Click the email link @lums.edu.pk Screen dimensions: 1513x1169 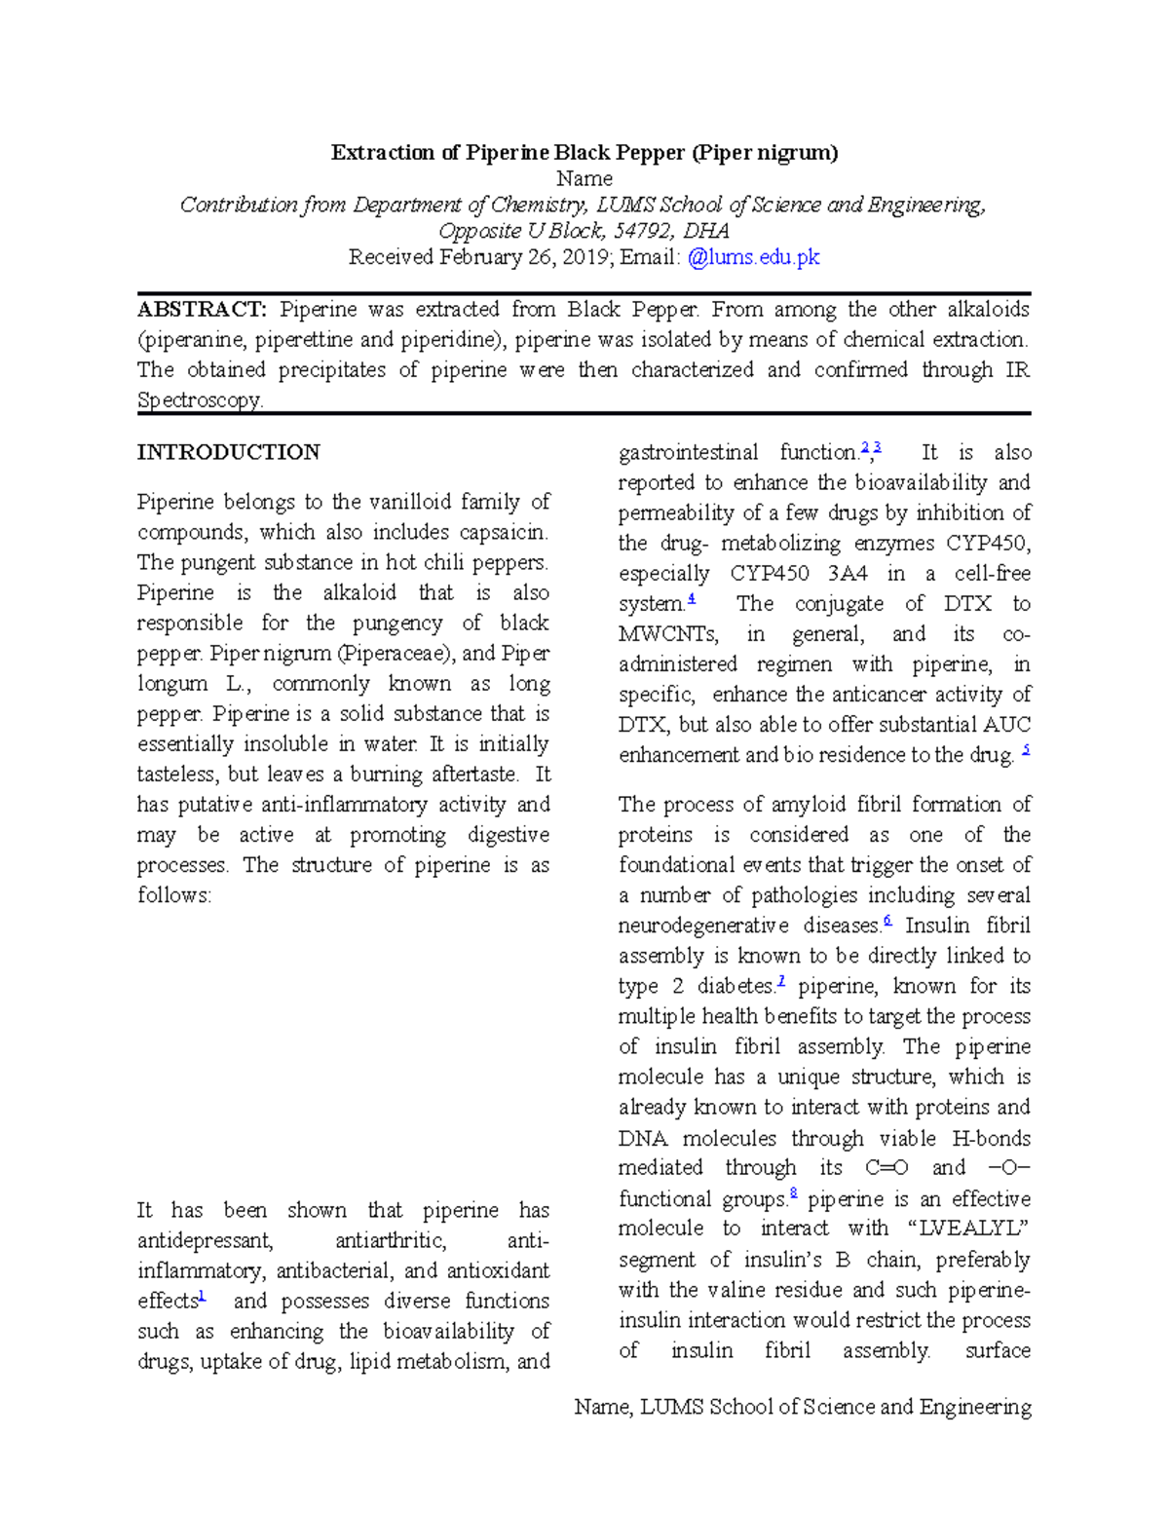coord(753,257)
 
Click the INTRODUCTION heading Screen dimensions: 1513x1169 coord(228,452)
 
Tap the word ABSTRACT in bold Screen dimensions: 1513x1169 coord(201,310)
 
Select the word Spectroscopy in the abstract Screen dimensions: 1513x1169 coord(200,400)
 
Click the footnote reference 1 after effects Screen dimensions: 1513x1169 coord(202,1297)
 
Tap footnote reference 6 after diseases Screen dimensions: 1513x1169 coord(887,921)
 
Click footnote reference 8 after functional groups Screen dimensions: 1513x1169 coord(794,1193)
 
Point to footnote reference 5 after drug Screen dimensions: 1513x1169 coord(1026,751)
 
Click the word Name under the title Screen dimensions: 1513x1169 coord(584,178)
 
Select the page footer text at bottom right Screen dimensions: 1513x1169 coord(803,1407)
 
